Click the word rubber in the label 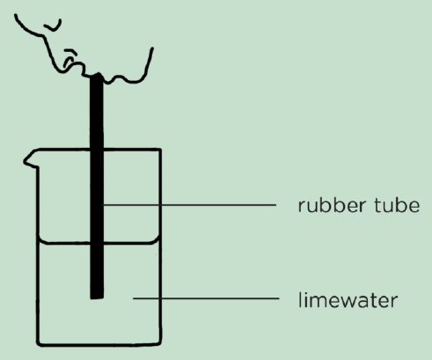(x=332, y=205)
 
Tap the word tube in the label (x=397, y=205)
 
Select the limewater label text (x=348, y=300)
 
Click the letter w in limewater (x=351, y=301)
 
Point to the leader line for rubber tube (x=189, y=205)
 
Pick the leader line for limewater (x=206, y=298)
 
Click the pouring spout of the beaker (x=29, y=161)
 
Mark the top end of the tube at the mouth (x=97, y=75)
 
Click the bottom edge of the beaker (x=99, y=344)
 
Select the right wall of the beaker (x=160, y=247)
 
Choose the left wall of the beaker (x=38, y=255)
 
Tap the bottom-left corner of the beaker (x=38, y=344)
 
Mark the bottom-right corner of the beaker (x=160, y=344)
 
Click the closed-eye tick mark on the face (x=53, y=26)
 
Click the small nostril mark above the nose (x=70, y=52)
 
